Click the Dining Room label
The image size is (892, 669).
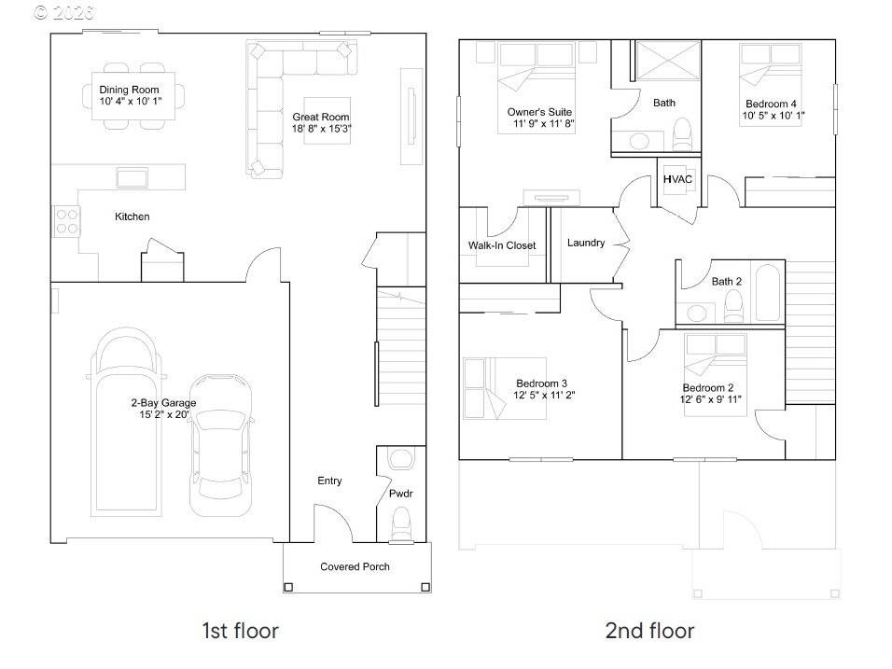(x=130, y=90)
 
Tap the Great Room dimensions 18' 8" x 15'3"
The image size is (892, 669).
(x=321, y=129)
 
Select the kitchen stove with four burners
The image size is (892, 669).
(x=66, y=220)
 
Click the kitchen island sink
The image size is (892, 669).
(x=131, y=176)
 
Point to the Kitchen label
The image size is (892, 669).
(x=132, y=216)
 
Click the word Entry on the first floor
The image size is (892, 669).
(x=329, y=481)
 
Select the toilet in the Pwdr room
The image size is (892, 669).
(x=401, y=520)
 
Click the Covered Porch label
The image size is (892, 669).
(x=355, y=566)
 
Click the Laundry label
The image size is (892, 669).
(x=586, y=243)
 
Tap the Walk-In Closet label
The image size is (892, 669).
(x=502, y=245)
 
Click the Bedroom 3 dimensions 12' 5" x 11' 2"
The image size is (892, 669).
(x=541, y=396)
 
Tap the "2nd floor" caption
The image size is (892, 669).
(x=649, y=631)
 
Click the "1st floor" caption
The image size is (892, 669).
(x=240, y=631)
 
